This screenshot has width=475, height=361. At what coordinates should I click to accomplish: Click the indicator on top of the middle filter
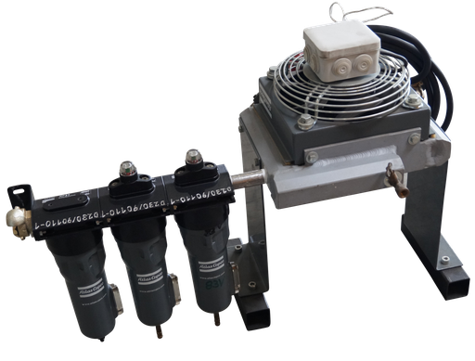point(125,172)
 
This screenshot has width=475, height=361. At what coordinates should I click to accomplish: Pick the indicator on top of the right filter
point(193,157)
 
